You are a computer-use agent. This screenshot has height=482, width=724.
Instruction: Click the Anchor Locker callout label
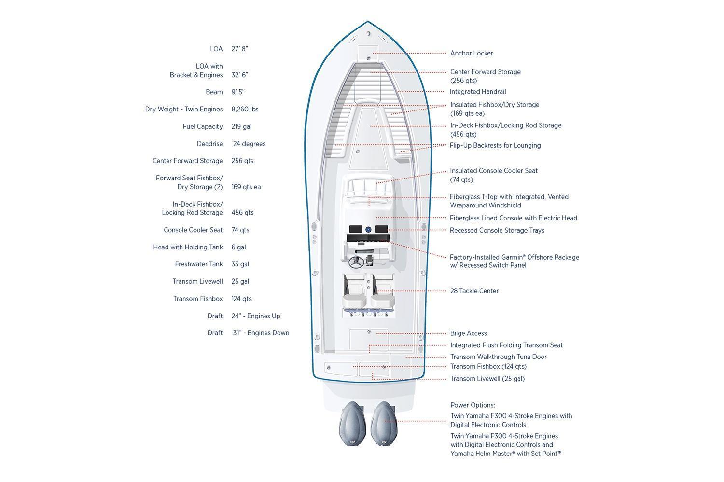(x=471, y=53)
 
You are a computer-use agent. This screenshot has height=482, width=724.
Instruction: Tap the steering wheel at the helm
(x=356, y=262)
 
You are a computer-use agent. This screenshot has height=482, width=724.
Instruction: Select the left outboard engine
(x=352, y=424)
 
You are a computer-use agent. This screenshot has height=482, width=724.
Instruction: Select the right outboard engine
(x=384, y=424)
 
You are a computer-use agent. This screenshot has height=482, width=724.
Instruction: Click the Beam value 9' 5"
(x=238, y=92)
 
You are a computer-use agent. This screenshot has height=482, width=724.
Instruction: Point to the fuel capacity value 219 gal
(x=241, y=126)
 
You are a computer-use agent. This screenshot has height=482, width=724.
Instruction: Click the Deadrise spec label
(x=210, y=144)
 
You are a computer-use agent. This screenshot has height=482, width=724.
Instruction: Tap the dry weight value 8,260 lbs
(x=245, y=109)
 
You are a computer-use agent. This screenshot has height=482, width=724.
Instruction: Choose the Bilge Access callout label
(x=468, y=333)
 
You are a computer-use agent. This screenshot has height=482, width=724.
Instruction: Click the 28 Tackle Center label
(x=474, y=291)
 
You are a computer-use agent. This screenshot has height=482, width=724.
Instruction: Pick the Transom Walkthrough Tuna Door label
(x=499, y=357)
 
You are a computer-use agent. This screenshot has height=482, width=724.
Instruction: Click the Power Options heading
(x=473, y=405)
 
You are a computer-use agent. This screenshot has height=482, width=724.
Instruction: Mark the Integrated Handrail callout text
(x=478, y=92)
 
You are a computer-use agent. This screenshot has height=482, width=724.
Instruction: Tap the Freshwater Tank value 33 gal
(x=240, y=264)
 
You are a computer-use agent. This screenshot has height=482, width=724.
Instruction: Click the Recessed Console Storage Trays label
(x=497, y=230)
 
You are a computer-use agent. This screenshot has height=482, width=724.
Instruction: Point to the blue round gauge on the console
(x=368, y=229)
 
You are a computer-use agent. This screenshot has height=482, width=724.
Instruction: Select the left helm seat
(x=354, y=291)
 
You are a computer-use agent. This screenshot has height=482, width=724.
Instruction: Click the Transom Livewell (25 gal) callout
(x=487, y=379)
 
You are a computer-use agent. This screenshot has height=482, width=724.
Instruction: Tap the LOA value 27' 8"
(x=239, y=49)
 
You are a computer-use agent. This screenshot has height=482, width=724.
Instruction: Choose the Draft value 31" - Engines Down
(x=261, y=333)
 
